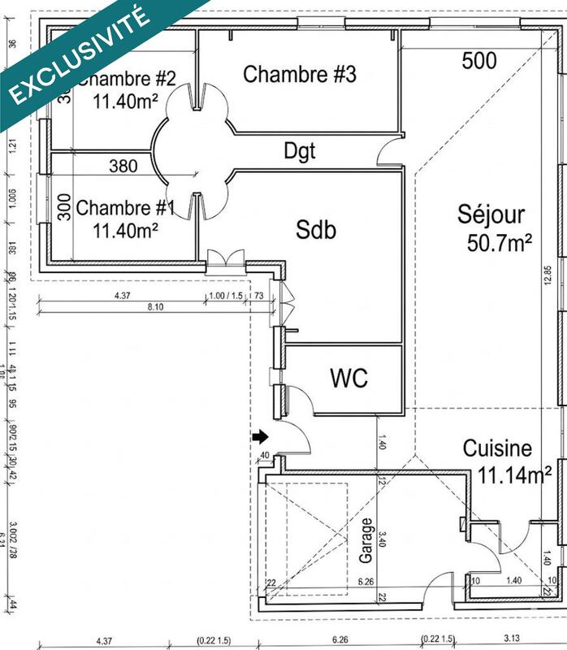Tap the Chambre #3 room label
(x=300, y=75)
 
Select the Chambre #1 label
(x=125, y=209)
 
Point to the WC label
(x=348, y=378)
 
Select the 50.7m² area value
(x=500, y=242)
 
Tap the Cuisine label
(x=497, y=448)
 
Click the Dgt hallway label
(x=299, y=150)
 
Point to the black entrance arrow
(x=261, y=438)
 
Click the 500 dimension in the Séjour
(x=481, y=60)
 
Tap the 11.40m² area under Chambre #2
(x=124, y=101)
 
